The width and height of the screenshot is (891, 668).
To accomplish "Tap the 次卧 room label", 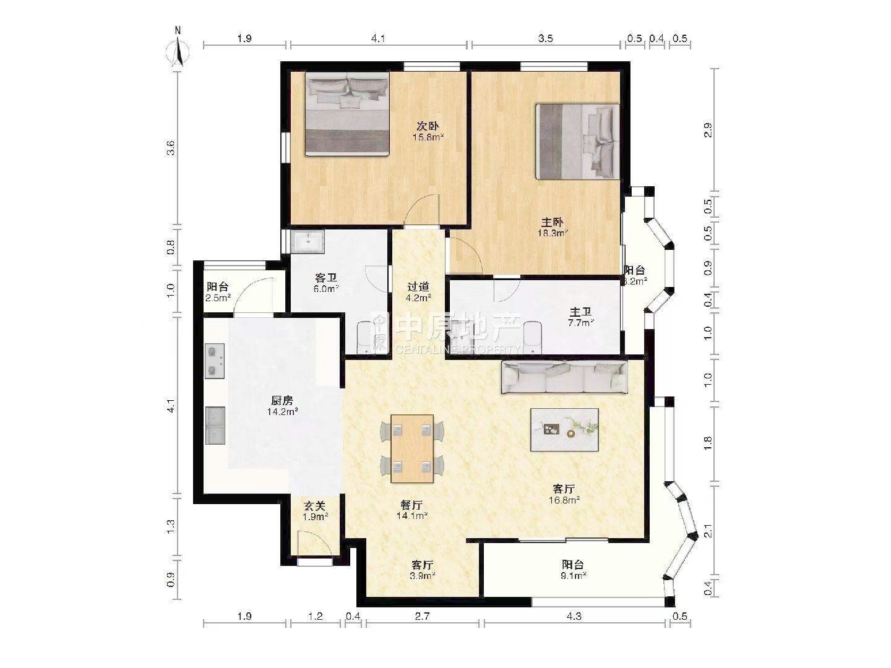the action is coord(428,127).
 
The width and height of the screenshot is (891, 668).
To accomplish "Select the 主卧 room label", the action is coord(552,222).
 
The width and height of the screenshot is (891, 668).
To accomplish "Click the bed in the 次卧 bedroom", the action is coord(348,114).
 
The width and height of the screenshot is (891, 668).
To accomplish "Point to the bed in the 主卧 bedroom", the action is coord(578,142).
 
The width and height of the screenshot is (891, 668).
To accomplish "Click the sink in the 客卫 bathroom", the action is coord(309,242).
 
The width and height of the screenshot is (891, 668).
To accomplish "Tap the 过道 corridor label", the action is coord(418,287).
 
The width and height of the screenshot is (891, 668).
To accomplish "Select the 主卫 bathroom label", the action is coord(580,312).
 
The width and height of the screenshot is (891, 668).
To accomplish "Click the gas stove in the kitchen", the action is coord(214,361).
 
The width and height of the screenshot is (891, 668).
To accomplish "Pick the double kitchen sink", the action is coord(215,426).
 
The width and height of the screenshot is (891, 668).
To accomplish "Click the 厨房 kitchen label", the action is coord(282,401).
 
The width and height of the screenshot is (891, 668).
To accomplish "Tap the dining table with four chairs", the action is coord(412,448).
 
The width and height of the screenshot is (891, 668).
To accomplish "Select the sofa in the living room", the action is coord(565,377).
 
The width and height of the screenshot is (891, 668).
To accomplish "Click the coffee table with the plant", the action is coord(564,430).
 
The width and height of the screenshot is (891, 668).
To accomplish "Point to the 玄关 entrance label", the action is coord(315,506).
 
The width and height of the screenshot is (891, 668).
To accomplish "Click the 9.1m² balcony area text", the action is coord(573,575).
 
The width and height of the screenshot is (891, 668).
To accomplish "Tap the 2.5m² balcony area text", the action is coord(218,298).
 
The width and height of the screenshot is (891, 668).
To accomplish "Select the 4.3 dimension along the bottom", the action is coord(574,617).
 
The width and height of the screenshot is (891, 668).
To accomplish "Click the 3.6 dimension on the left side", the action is coord(171,147).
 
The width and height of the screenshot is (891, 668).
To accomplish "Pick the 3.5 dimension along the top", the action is coord(546,38).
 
